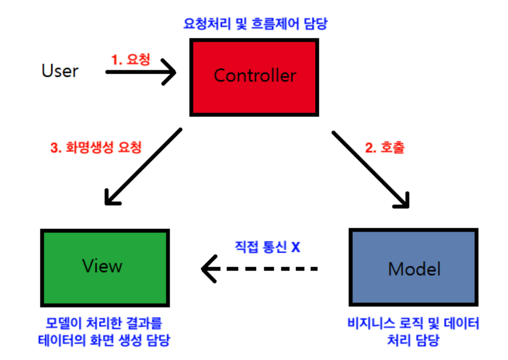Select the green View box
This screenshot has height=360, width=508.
[103, 267]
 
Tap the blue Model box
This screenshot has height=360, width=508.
[414, 267]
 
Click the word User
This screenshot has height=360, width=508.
[60, 71]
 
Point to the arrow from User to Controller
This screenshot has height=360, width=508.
[140, 73]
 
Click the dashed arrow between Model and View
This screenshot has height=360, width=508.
[259, 269]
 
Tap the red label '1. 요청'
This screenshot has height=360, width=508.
[131, 59]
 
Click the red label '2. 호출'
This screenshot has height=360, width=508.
[385, 147]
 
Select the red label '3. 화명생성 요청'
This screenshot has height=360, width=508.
[95, 147]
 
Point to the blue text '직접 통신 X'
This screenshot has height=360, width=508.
[266, 247]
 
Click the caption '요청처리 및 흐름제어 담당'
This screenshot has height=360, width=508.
[256, 24]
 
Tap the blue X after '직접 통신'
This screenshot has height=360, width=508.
[295, 247]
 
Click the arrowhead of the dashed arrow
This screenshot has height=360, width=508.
[208, 269]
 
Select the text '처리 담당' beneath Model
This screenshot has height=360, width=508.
[413, 340]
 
